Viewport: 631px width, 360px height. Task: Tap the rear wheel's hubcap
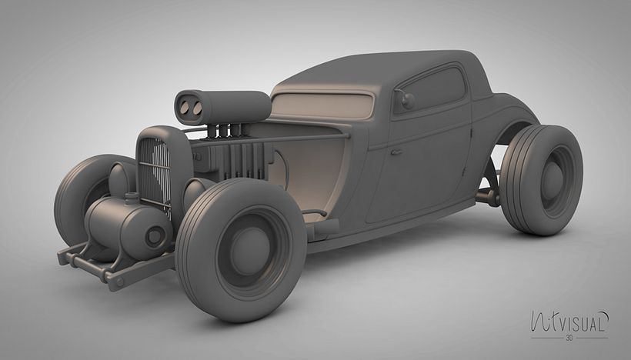[x=553, y=179]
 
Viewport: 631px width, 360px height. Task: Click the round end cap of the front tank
[x=157, y=235]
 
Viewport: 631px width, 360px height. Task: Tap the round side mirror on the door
[x=407, y=101]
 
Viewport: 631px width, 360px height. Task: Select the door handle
[x=396, y=152]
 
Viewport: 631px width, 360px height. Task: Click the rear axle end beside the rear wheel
[x=487, y=197]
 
